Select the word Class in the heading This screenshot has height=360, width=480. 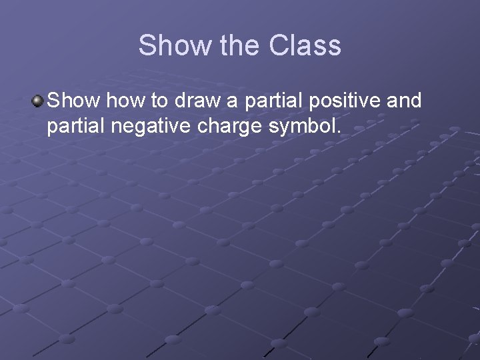(x=305, y=46)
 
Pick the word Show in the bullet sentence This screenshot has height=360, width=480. (x=71, y=101)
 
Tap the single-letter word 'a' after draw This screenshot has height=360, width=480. (x=224, y=102)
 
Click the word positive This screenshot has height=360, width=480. (x=340, y=102)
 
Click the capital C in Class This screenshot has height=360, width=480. (x=279, y=46)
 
